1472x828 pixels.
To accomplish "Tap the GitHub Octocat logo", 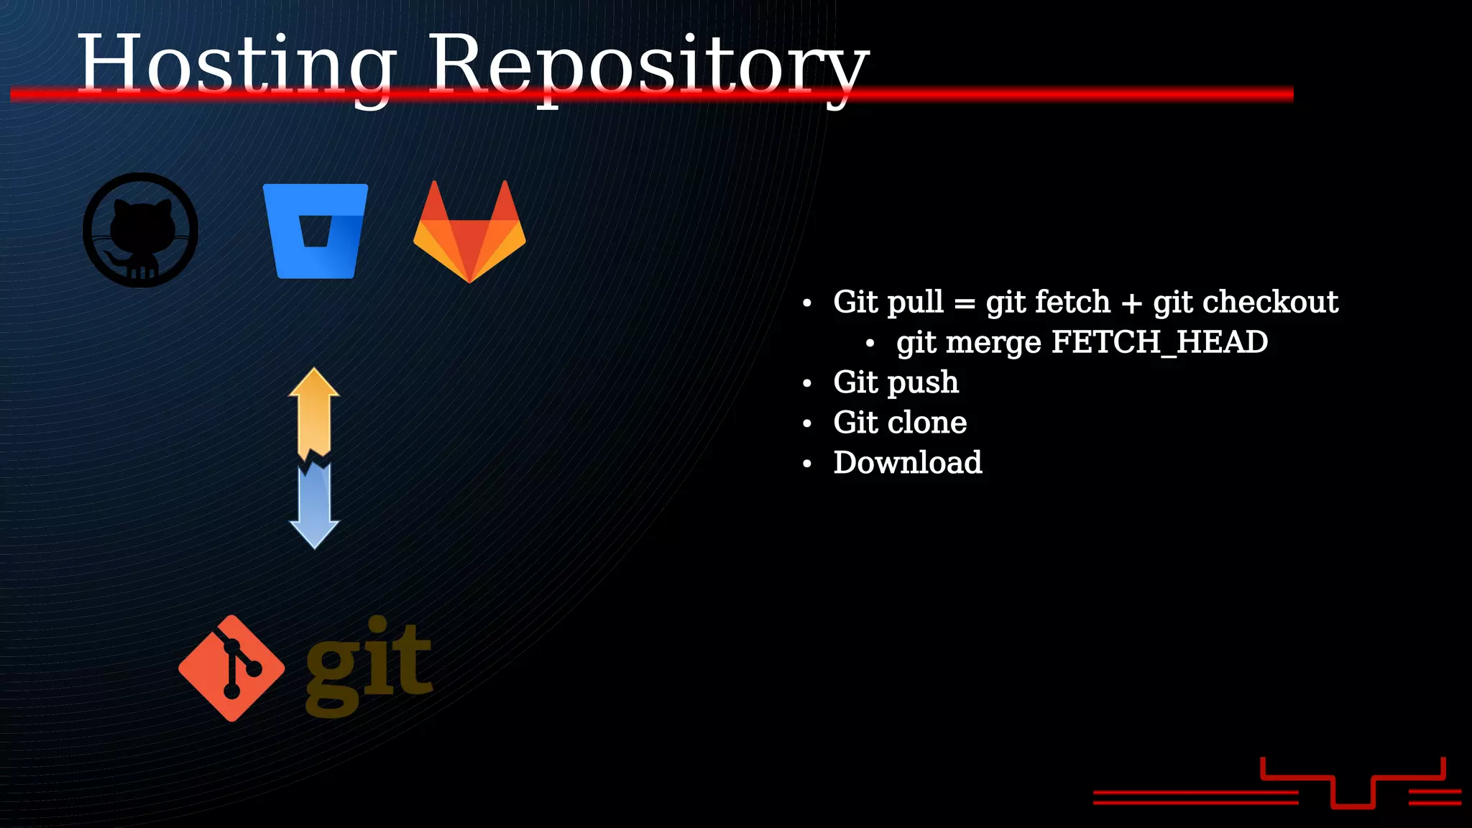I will (x=141, y=230).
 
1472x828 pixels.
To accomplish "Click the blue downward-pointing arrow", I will (x=314, y=506).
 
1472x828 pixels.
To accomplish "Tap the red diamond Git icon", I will (x=231, y=668).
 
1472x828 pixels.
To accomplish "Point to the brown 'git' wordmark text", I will (x=369, y=666).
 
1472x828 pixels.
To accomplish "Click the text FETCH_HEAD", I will (x=1159, y=342).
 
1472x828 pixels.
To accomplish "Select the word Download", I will (x=907, y=462).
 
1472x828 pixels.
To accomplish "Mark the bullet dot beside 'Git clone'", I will (x=807, y=424).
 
